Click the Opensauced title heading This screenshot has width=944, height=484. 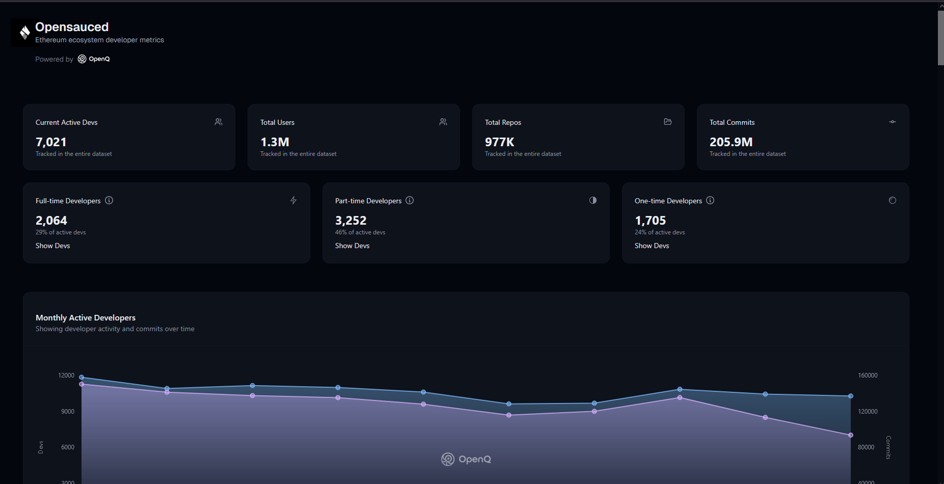(x=72, y=27)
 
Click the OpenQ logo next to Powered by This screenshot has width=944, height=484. (x=94, y=59)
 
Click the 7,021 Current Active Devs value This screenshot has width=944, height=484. (x=51, y=142)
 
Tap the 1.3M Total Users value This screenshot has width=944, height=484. (x=275, y=142)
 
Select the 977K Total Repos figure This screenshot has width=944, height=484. (x=499, y=142)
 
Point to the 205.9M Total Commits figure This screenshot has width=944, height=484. (x=731, y=142)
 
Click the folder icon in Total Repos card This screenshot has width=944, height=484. (x=667, y=122)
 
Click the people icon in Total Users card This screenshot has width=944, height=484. (x=443, y=122)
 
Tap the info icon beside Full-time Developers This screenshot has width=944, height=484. (x=109, y=200)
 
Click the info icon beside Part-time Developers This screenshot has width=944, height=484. (x=410, y=200)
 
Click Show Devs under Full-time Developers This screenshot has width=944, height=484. (x=53, y=246)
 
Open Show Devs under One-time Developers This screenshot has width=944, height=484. (x=652, y=246)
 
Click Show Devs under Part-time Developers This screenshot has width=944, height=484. (x=352, y=246)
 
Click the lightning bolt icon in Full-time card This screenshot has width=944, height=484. (x=293, y=200)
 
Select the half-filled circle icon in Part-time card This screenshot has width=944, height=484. (x=592, y=200)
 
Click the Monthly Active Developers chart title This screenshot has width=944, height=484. (x=86, y=317)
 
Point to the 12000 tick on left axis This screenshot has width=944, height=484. (x=66, y=375)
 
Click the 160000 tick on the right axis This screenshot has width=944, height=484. (x=868, y=375)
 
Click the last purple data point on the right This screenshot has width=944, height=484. (x=850, y=435)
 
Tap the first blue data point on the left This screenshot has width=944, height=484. (x=82, y=378)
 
